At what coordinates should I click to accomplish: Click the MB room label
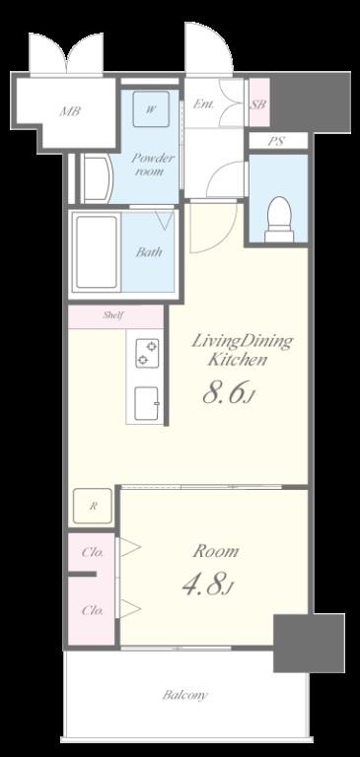(70, 111)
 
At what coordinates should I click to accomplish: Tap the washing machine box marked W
(151, 109)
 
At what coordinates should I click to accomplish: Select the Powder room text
(149, 165)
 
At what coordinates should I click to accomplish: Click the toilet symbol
(279, 220)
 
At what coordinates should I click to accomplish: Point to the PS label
(277, 142)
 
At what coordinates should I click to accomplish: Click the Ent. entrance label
(203, 103)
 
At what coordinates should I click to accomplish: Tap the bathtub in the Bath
(97, 252)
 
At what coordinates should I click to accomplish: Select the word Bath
(148, 251)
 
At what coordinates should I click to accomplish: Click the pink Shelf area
(115, 316)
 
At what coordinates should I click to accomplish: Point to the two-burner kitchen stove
(147, 354)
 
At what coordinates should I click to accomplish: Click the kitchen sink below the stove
(147, 403)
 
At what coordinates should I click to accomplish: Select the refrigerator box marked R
(93, 507)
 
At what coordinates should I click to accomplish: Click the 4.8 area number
(203, 585)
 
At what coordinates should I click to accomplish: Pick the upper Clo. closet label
(93, 552)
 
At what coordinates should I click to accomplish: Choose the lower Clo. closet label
(93, 610)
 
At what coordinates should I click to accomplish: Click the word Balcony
(185, 695)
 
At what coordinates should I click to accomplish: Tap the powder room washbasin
(97, 177)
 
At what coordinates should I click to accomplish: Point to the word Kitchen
(238, 359)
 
